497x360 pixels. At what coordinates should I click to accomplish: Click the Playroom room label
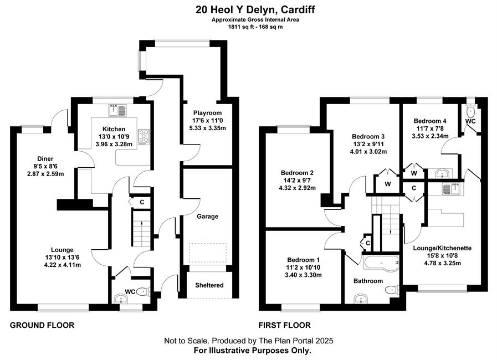(x=208, y=113)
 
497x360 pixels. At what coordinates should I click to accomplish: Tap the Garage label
(x=208, y=217)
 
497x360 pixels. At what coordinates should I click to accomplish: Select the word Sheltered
(x=209, y=285)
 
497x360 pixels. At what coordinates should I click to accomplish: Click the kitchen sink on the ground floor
(x=117, y=110)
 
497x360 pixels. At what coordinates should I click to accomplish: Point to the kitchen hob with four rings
(x=144, y=137)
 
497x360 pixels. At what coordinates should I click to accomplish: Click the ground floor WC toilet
(x=144, y=291)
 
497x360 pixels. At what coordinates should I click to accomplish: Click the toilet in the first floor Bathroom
(x=393, y=290)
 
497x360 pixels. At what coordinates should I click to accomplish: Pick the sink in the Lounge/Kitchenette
(x=450, y=189)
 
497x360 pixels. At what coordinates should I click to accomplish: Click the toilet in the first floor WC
(x=471, y=111)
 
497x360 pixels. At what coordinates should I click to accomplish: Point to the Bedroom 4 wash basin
(x=442, y=173)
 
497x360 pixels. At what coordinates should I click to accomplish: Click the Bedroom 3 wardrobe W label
(x=388, y=184)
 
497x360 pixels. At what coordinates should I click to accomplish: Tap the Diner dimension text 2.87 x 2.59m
(x=45, y=174)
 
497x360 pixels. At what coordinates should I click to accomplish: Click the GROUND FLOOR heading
(x=42, y=325)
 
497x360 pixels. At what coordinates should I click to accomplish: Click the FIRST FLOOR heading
(x=284, y=325)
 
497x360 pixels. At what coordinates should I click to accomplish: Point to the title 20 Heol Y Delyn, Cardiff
(x=255, y=10)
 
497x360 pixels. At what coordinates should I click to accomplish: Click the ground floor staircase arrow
(x=141, y=223)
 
